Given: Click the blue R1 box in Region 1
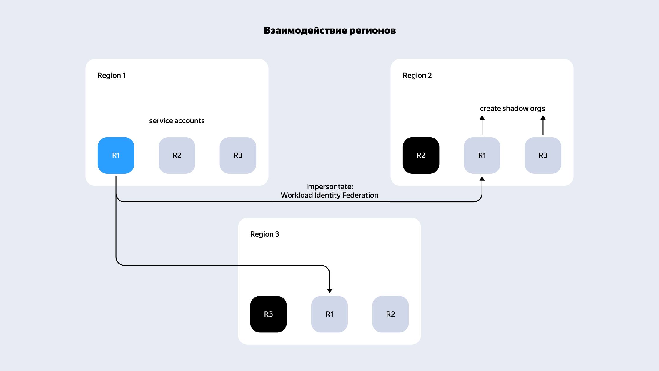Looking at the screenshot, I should [116, 155].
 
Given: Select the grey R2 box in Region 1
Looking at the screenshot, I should [177, 155].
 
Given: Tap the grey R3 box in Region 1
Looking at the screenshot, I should [238, 155].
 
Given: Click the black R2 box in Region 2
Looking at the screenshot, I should [421, 155].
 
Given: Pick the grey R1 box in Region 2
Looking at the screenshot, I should [482, 155].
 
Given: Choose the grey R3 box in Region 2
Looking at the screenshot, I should [543, 155].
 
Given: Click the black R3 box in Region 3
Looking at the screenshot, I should [268, 314].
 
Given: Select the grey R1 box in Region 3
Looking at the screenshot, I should [329, 314].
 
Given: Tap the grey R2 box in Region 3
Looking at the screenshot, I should [390, 314].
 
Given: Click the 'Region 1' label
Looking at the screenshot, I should [112, 76].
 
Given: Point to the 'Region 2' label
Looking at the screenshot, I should [417, 76].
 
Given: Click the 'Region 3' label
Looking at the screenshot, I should [264, 234].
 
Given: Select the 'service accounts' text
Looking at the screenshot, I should [177, 121].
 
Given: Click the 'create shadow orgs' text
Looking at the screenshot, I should [512, 109].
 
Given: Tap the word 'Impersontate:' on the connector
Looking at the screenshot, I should [329, 187].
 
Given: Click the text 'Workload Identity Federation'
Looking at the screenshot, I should [329, 195].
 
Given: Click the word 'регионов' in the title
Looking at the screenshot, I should [372, 30].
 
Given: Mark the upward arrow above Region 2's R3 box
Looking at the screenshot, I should [543, 125].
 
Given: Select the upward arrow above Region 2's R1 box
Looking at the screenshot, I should [482, 125].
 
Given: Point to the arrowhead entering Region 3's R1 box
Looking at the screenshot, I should [329, 291].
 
